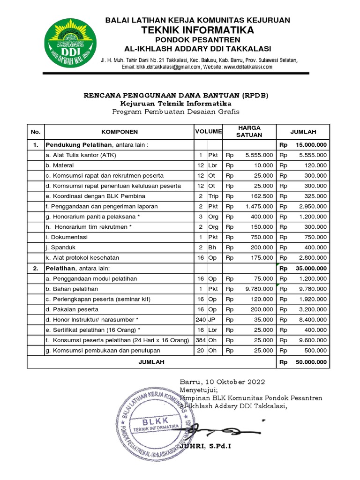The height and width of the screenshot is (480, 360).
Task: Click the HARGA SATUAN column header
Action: click(x=249, y=131)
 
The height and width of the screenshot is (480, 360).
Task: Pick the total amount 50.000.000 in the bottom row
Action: click(x=310, y=362)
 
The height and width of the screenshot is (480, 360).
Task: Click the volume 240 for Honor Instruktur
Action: click(x=200, y=320)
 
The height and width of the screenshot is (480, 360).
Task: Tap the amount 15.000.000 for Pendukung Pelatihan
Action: click(x=310, y=145)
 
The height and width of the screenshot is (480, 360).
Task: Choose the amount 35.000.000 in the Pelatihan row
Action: click(x=310, y=269)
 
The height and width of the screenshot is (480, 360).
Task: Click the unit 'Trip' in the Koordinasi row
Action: click(x=213, y=196)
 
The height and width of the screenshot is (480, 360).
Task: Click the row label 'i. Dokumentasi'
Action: click(x=67, y=237)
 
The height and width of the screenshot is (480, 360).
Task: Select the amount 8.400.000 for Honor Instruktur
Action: click(x=312, y=320)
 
